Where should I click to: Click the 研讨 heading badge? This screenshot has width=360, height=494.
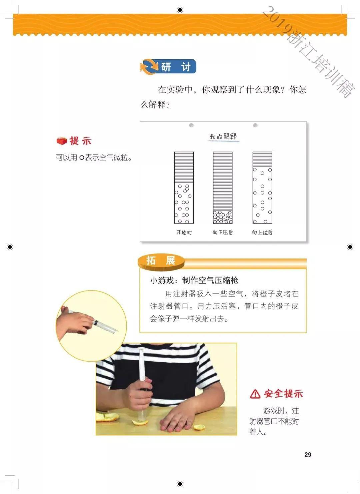click(x=168, y=67)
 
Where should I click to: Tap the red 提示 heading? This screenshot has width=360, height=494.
click(x=80, y=141)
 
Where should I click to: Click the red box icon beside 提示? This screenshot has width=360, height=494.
click(x=62, y=141)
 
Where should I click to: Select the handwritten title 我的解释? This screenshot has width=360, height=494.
click(x=223, y=136)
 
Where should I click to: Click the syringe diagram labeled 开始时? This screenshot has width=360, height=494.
click(x=184, y=188)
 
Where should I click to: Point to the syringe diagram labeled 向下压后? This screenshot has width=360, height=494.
click(x=223, y=188)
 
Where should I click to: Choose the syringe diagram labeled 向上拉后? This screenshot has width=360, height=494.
click(x=262, y=188)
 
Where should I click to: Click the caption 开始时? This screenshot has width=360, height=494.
click(x=184, y=232)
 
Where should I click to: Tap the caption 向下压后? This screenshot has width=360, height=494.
click(x=223, y=232)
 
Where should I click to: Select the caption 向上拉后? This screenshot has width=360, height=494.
click(x=262, y=232)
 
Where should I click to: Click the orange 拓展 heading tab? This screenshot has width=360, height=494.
click(x=161, y=261)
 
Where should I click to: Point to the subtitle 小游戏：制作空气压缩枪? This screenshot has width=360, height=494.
click(x=194, y=280)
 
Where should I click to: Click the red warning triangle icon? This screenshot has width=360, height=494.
click(x=255, y=394)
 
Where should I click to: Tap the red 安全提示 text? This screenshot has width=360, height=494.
click(x=283, y=394)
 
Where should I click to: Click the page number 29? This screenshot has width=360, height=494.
click(x=308, y=455)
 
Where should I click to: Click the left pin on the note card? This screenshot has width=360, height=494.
click(x=191, y=125)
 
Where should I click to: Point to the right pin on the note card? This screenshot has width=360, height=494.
click(x=255, y=125)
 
